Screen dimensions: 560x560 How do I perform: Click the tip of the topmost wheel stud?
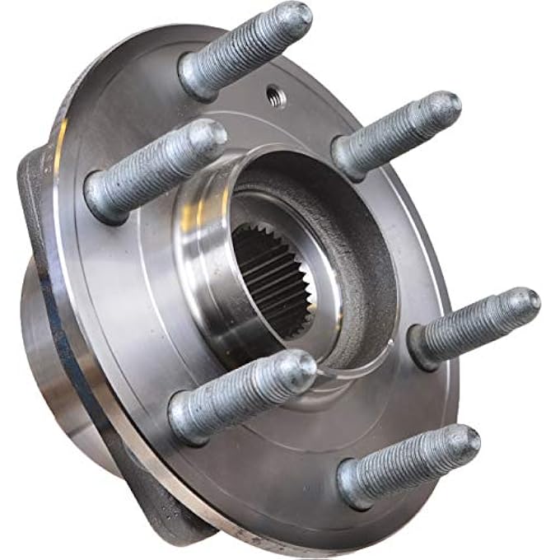pos(296,16)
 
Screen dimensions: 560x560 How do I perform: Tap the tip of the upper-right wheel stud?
pos(446,105)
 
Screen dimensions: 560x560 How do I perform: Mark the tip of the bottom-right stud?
pos(464,440)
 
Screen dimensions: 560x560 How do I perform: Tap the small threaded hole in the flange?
pos(278,97)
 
